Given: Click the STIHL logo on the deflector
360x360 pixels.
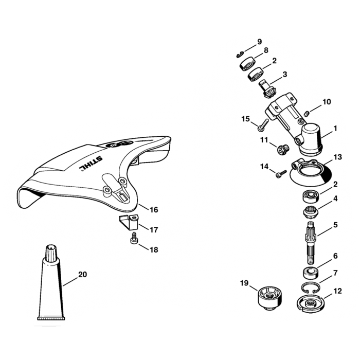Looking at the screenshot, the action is (x=91, y=163).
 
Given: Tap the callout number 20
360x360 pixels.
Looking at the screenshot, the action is (x=83, y=274).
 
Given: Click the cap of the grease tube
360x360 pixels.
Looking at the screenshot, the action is (x=51, y=253).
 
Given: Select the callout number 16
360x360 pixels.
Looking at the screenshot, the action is (x=154, y=210).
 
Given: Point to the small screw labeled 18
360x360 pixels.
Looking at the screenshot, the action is (x=134, y=238).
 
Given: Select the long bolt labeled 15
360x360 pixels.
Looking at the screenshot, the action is (x=263, y=125).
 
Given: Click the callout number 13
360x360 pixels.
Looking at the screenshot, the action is (x=337, y=157).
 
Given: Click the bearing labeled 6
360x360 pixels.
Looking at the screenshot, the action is (x=310, y=273).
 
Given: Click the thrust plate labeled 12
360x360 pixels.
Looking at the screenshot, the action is (x=311, y=303).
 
